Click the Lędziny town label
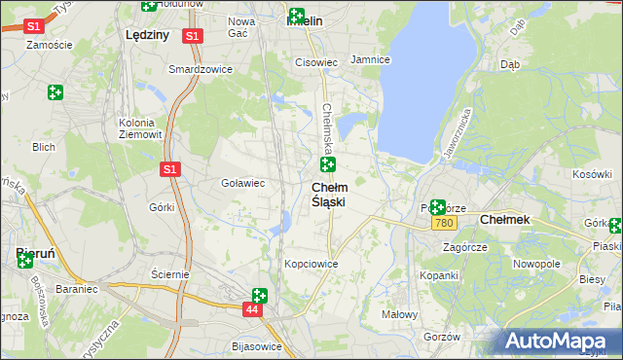coord(148,33)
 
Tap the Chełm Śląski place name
coord(329,194)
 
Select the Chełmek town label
coord(505,220)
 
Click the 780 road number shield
coord(444,224)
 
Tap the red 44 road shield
coord(252,308)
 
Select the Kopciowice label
coord(311,264)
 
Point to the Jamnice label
coord(370,59)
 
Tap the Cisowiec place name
coord(316,62)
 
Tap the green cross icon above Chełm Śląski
coord(328,164)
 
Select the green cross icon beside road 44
coord(260,295)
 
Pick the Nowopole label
coord(536,264)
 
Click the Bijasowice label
coord(257,346)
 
